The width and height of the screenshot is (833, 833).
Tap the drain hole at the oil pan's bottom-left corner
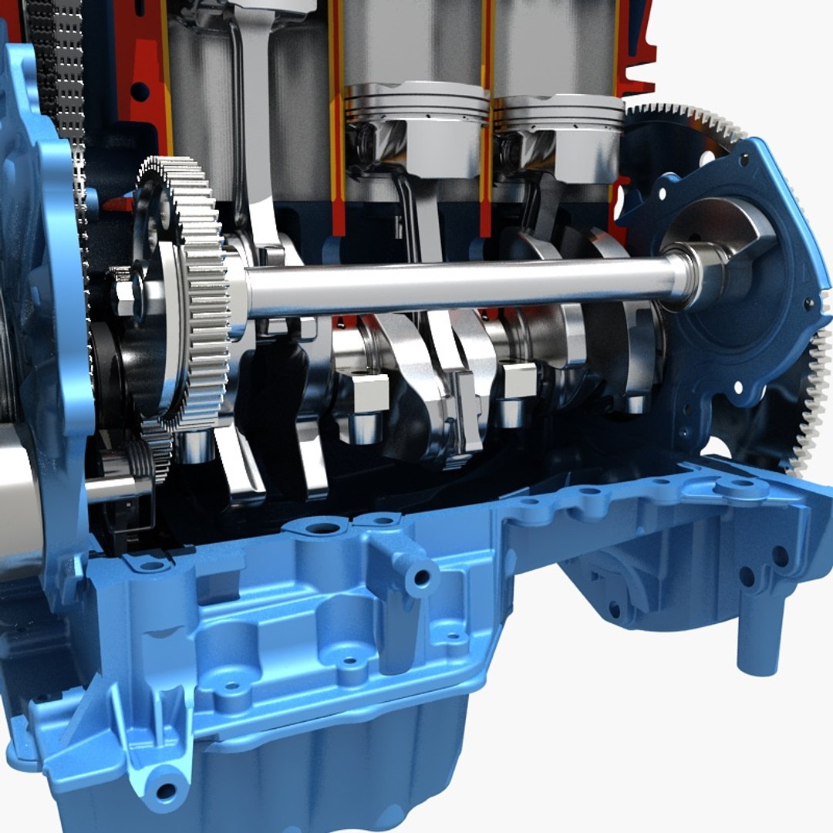click(164, 791)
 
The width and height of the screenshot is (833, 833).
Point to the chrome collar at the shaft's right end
click(694, 278)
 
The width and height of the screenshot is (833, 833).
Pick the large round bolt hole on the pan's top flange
click(322, 529)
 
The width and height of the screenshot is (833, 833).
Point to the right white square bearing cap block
click(518, 380)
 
